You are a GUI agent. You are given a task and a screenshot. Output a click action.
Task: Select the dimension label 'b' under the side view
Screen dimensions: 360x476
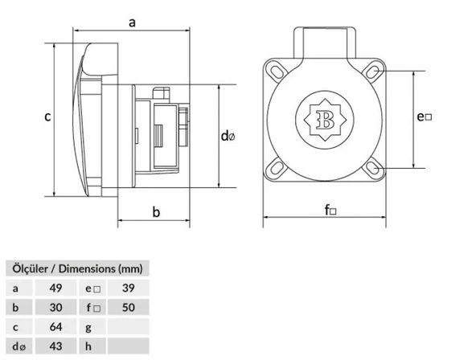point(156,212)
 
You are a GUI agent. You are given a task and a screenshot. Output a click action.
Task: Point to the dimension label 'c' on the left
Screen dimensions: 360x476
point(47,117)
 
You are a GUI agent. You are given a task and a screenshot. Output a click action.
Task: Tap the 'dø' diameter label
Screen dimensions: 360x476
point(228,136)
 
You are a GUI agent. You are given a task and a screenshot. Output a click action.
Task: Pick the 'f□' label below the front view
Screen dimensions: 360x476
point(330,211)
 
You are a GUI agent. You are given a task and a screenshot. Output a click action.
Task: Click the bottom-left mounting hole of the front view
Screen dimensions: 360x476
point(279,169)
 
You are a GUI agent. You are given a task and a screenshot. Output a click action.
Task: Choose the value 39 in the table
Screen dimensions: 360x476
point(127,288)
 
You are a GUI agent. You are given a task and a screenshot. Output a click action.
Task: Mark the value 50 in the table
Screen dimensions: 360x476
point(127,307)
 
